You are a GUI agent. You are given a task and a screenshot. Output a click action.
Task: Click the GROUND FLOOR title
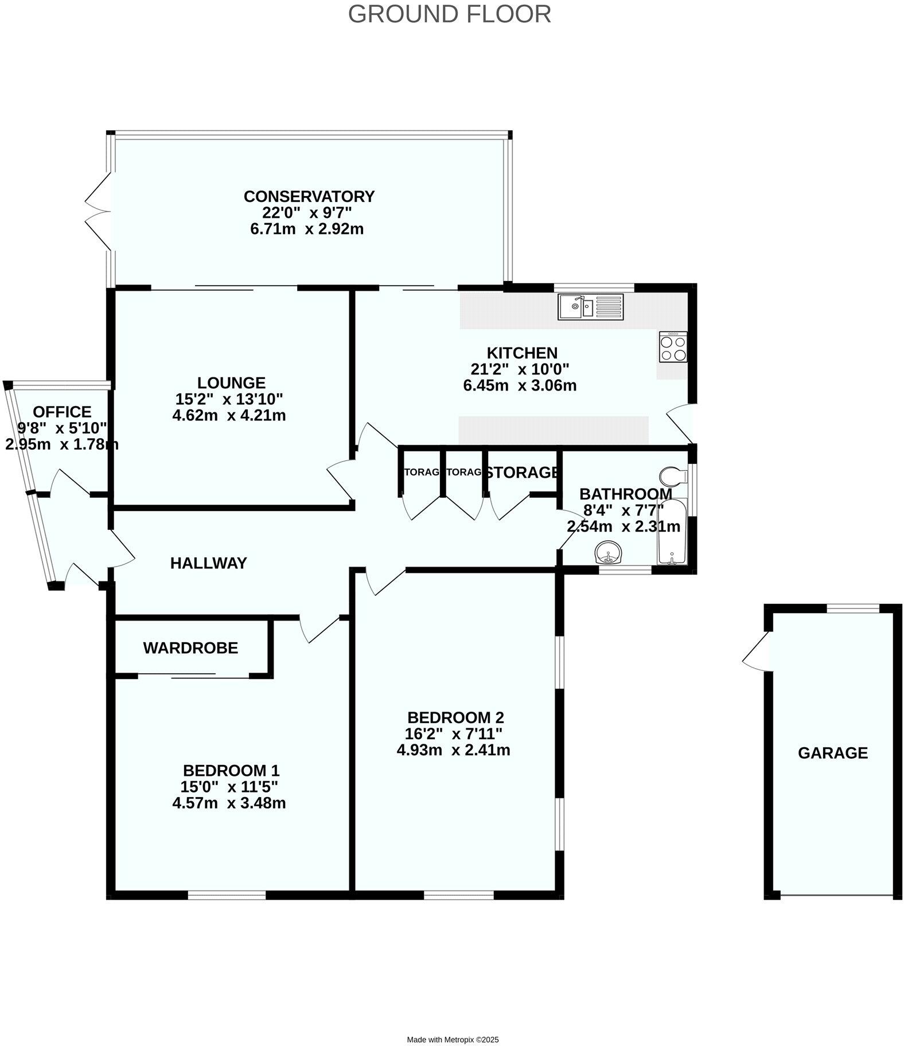click(449, 14)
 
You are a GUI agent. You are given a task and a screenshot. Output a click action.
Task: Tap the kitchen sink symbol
click(591, 306)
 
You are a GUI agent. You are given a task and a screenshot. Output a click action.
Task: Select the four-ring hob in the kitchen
click(673, 348)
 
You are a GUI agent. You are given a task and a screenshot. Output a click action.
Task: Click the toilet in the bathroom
click(673, 475)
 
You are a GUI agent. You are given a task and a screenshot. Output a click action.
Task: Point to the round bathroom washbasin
click(609, 553)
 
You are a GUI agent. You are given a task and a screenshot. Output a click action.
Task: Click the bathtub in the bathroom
click(671, 532)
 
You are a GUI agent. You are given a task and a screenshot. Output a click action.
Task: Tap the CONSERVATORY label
click(309, 197)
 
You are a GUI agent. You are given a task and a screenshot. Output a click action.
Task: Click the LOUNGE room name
click(231, 383)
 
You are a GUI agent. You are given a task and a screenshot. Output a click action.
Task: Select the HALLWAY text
click(209, 563)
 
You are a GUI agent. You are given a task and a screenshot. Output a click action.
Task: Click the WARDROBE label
click(190, 648)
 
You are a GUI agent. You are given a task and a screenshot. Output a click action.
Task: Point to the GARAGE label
click(832, 753)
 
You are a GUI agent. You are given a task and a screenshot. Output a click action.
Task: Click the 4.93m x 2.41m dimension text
click(453, 750)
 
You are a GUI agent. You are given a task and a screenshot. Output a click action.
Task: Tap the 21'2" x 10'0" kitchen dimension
click(520, 369)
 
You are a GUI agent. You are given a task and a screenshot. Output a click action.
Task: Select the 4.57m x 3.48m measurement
click(229, 803)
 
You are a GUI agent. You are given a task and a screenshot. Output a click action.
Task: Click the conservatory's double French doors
click(99, 211)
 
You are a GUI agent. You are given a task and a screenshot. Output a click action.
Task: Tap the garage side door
click(756, 652)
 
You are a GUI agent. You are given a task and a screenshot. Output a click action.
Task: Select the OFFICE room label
click(62, 412)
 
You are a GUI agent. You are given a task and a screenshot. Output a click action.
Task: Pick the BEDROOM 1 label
click(231, 770)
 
